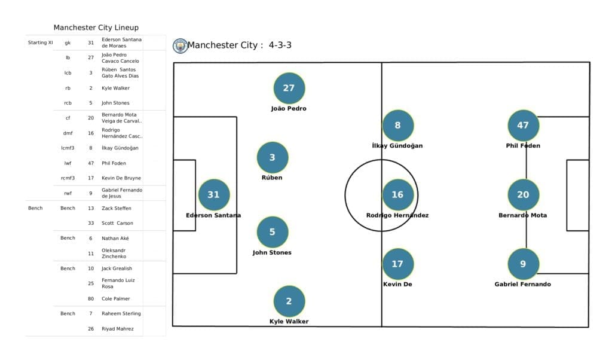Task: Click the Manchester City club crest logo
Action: pos(180,46)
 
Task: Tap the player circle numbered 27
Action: pos(289,88)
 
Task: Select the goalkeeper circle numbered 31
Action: pos(213,194)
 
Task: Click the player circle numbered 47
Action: pos(523,126)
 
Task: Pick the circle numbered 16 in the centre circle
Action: pos(397,195)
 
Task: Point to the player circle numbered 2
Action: pos(289,301)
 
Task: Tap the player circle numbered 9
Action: pos(523,264)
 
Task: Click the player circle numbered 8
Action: pos(398,126)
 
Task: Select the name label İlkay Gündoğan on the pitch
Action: pos(397,146)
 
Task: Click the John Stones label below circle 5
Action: pos(272,253)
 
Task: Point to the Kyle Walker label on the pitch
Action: pos(289,322)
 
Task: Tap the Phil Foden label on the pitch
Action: pos(523,146)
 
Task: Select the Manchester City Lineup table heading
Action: pos(96,28)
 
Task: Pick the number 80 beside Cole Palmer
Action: pos(91,298)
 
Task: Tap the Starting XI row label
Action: pos(41,43)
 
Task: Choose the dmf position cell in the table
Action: pos(68,133)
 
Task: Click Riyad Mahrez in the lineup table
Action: pos(117,329)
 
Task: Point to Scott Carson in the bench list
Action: pos(117,223)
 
